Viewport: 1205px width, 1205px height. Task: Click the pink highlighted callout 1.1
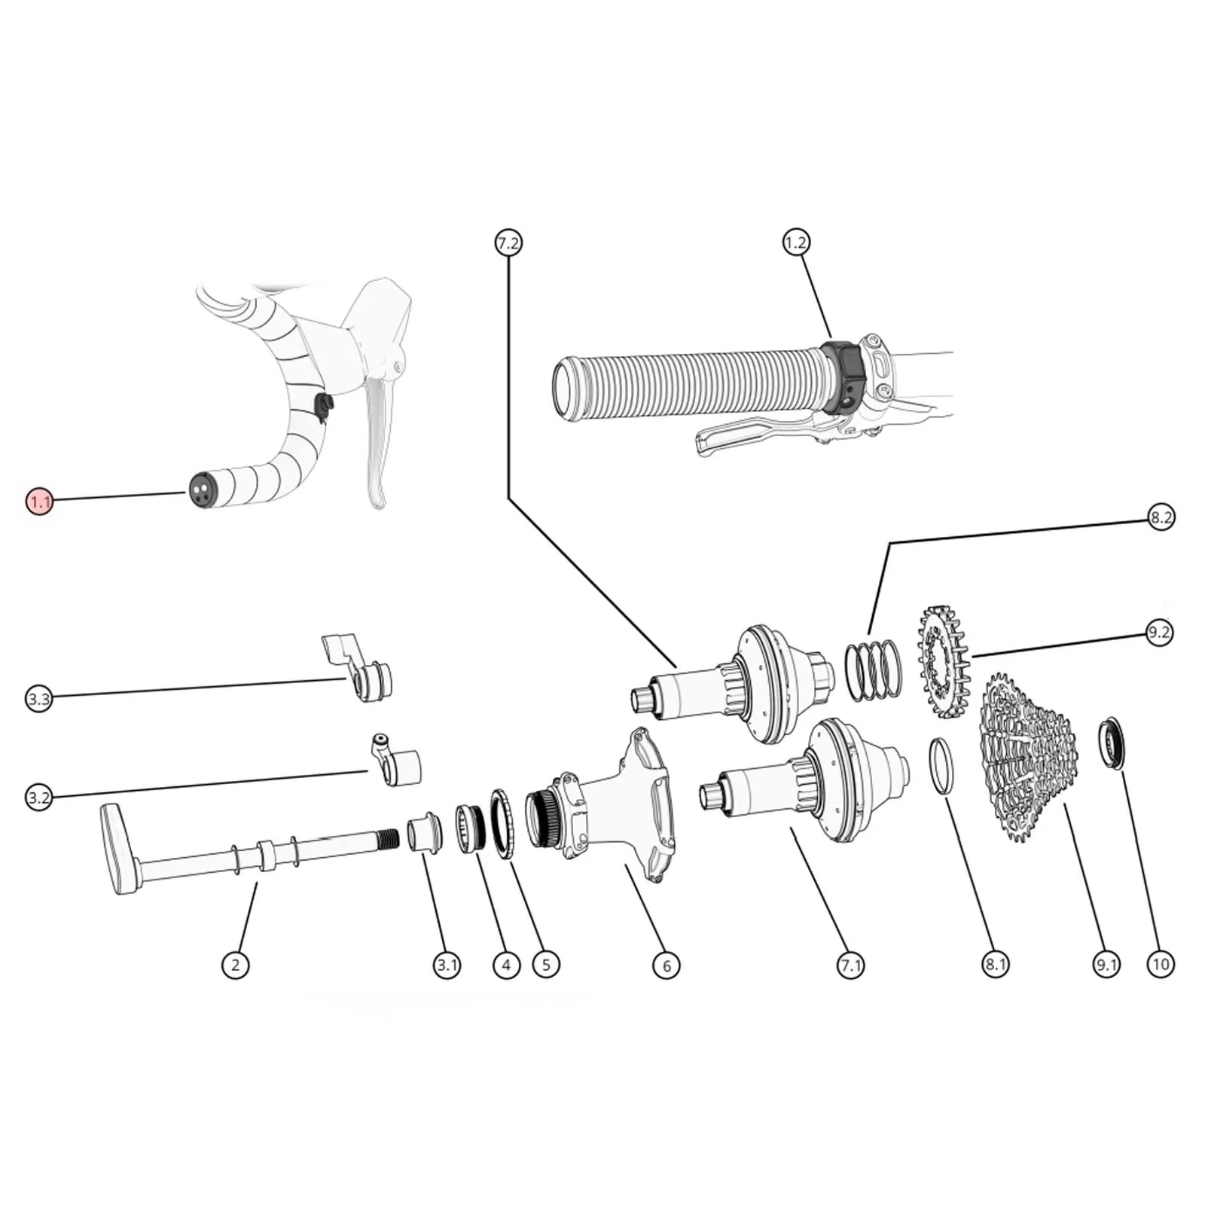pyautogui.click(x=39, y=502)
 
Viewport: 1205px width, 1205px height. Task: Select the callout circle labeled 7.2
pyautogui.click(x=508, y=243)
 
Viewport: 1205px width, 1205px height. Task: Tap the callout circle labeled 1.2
pyautogui.click(x=795, y=243)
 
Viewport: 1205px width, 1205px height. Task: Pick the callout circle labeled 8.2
pyautogui.click(x=1161, y=517)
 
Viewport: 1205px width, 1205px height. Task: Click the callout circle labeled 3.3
pyautogui.click(x=39, y=699)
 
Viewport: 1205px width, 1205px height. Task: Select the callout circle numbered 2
pyautogui.click(x=236, y=965)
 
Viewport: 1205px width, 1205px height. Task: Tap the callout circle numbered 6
pyautogui.click(x=667, y=965)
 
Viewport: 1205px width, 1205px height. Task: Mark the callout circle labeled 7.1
pyautogui.click(x=850, y=965)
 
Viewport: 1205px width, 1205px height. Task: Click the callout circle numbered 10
pyautogui.click(x=1161, y=964)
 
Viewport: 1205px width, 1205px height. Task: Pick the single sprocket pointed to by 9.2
pyautogui.click(x=941, y=660)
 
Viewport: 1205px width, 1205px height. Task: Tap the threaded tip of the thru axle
pyautogui.click(x=386, y=837)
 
